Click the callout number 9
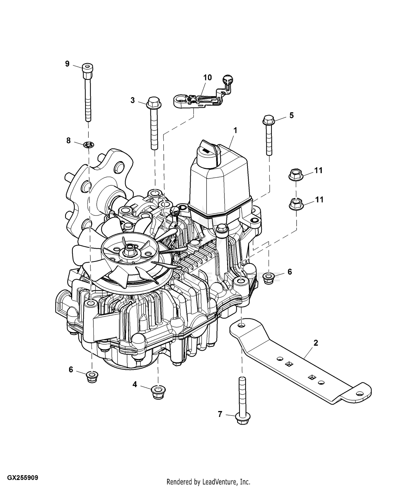67,64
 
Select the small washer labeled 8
89,145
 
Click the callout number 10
207,77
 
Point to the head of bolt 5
269,120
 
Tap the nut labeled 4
158,392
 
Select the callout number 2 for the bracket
316,343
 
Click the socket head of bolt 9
88,68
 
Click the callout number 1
235,131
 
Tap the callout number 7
220,414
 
